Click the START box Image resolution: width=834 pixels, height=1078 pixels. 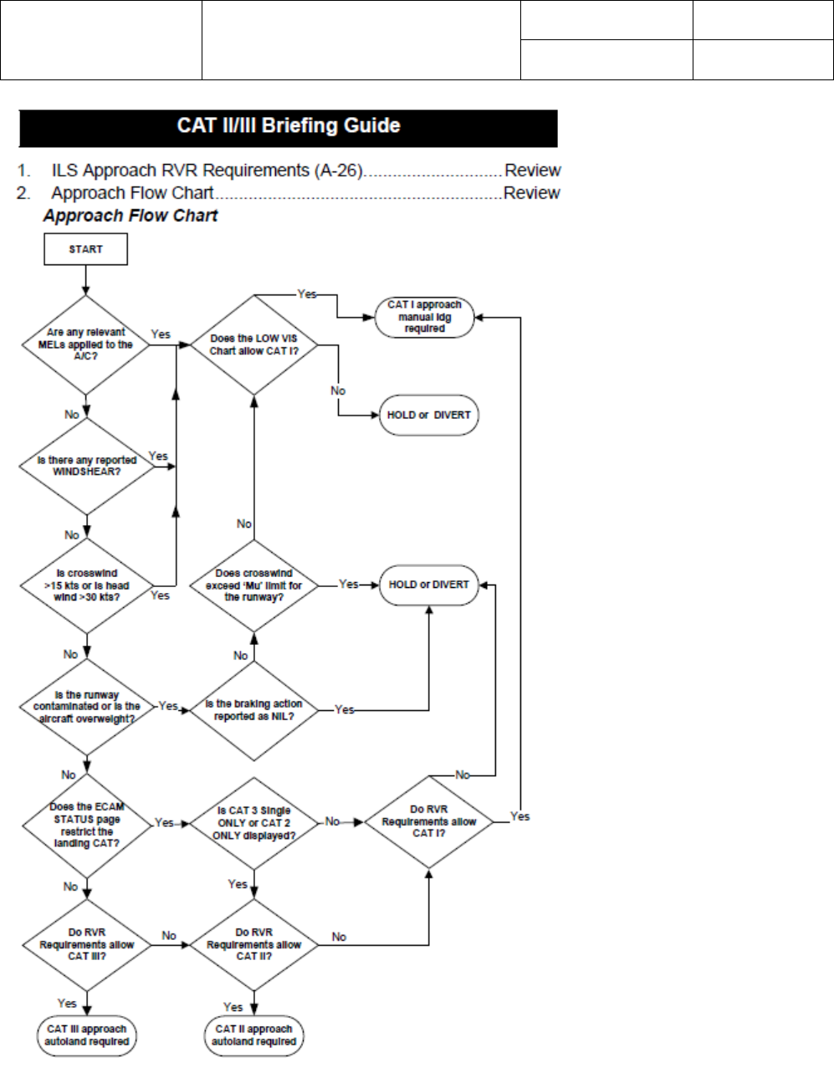click(x=85, y=249)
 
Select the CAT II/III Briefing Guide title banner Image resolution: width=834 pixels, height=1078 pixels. click(x=289, y=127)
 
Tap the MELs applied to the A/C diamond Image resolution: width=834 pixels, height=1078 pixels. click(x=86, y=345)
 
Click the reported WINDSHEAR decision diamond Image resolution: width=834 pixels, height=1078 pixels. click(x=87, y=466)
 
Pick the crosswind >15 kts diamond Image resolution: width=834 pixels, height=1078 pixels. click(x=87, y=585)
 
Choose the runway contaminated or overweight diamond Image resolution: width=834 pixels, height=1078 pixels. click(x=87, y=707)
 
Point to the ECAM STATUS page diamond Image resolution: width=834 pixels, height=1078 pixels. click(x=86, y=825)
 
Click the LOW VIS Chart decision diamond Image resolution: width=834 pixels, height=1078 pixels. click(x=254, y=345)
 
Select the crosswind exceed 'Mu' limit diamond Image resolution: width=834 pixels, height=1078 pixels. click(x=254, y=585)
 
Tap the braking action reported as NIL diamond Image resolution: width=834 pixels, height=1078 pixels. click(x=254, y=709)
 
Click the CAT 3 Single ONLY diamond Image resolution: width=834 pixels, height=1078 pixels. click(x=254, y=823)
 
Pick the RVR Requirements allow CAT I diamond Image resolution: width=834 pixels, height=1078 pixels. click(x=428, y=822)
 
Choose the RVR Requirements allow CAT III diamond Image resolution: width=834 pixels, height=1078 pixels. click(x=87, y=944)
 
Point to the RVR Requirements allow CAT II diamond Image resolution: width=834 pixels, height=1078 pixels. click(x=254, y=944)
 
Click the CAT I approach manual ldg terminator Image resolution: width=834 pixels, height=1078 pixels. click(x=424, y=317)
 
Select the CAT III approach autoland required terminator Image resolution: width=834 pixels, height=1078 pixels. click(x=87, y=1035)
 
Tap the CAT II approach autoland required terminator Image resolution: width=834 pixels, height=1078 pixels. click(x=254, y=1035)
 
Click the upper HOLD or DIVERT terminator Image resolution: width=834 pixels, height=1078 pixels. click(x=428, y=415)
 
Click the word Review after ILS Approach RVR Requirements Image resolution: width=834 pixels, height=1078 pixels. click(x=532, y=171)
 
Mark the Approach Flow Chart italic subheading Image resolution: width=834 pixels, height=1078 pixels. click(x=130, y=216)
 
